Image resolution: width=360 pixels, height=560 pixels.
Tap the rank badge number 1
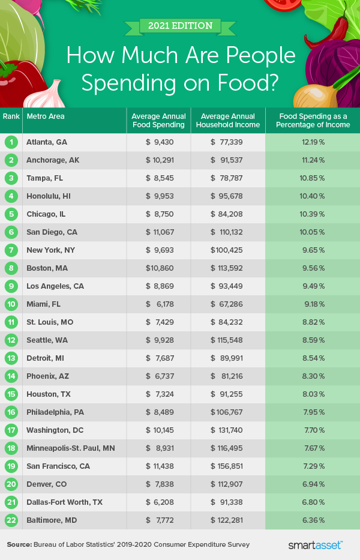coord(11,142)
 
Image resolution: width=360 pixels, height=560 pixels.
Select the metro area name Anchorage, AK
coord(53,160)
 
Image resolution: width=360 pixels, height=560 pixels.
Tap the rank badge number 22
coord(11,520)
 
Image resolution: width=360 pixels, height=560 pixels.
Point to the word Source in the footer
coord(19,545)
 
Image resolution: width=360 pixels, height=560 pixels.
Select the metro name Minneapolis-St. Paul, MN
coord(70,448)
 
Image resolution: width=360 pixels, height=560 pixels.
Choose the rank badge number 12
coord(11,340)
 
